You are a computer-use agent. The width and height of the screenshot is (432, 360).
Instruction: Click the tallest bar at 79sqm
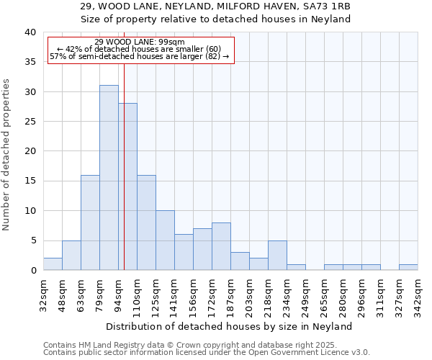coord(109,178)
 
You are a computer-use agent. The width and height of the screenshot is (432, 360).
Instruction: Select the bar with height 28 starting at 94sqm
coord(127,186)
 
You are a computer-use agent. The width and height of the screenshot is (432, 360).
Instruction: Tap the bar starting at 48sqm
coord(71,255)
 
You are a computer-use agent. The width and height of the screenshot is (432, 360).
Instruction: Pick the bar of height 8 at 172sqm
coord(221,246)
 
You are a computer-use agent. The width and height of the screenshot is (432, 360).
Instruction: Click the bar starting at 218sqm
coord(277,255)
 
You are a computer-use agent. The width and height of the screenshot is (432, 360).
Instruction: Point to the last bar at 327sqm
coord(408,267)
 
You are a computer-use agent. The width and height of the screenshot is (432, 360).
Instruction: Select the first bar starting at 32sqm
coord(53,264)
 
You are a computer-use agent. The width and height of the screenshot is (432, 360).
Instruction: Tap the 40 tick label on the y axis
coord(30,32)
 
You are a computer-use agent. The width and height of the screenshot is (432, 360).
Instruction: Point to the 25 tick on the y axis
coord(30,122)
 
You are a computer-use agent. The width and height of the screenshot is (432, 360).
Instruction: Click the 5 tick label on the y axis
coord(32,240)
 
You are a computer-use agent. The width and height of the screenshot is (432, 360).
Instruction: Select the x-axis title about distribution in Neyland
coord(228,326)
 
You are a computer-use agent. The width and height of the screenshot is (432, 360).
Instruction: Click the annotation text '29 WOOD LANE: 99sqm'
coord(140,42)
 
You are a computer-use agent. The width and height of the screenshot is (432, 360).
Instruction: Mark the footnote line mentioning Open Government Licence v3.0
coord(207,353)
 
